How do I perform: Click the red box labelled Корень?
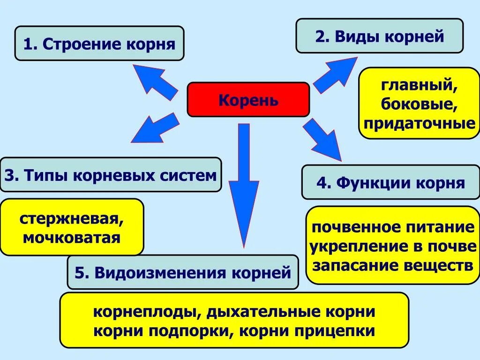click(248, 99)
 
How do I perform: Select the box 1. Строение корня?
click(99, 44)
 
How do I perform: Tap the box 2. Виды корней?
click(379, 36)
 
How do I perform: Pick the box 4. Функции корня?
click(390, 182)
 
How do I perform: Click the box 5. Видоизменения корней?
click(183, 272)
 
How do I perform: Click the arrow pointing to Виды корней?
click(335, 75)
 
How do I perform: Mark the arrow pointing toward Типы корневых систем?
click(155, 127)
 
